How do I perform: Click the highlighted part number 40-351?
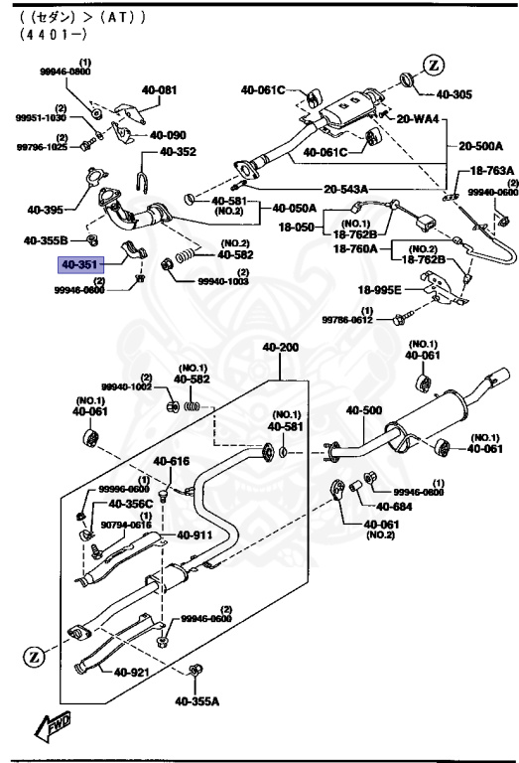(80, 265)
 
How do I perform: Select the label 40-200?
(280, 348)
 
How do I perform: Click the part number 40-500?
(363, 410)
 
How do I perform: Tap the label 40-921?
(131, 673)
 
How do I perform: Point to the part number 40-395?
(45, 210)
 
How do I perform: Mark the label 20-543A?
(345, 189)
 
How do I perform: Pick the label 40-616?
(171, 461)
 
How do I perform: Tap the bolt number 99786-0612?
(345, 320)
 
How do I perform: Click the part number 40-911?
(196, 535)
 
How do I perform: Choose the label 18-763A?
(490, 171)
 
